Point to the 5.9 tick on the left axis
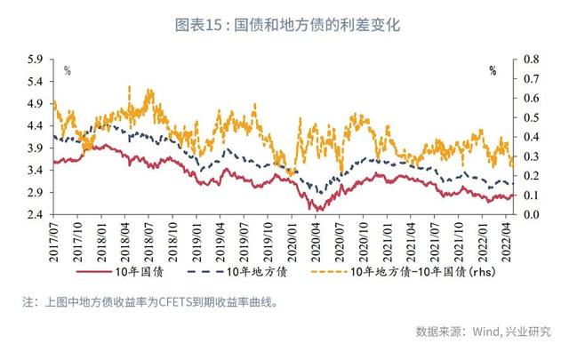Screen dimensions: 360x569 [36, 60]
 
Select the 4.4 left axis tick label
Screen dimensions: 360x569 [36, 126]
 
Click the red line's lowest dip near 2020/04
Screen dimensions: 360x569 [314, 210]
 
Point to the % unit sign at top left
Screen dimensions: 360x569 [68, 71]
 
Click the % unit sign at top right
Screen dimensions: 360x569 [492, 71]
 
